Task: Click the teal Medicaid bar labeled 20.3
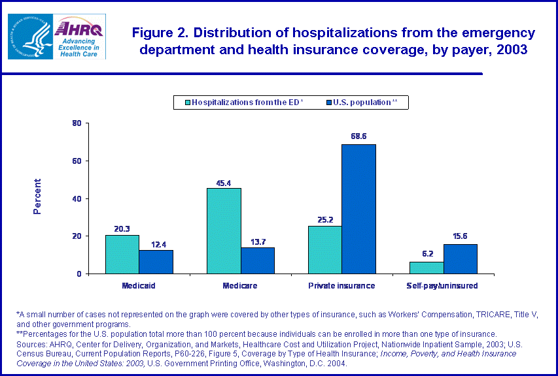click(x=122, y=255)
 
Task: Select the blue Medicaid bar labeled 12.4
click(x=156, y=262)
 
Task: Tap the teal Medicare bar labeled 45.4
click(x=224, y=231)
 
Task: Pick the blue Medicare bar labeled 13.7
click(x=258, y=260)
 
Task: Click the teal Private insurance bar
click(x=325, y=250)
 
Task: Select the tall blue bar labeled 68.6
click(x=359, y=209)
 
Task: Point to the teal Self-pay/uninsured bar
click(x=427, y=268)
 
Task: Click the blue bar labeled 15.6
click(x=461, y=259)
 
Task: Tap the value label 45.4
click(x=224, y=183)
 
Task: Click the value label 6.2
click(x=427, y=253)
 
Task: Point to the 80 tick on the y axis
click(x=77, y=123)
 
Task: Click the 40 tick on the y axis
click(x=77, y=198)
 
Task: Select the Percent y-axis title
click(x=37, y=196)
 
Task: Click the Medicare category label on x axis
click(x=240, y=286)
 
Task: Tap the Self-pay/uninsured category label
click(x=444, y=286)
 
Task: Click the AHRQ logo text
click(x=77, y=29)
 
